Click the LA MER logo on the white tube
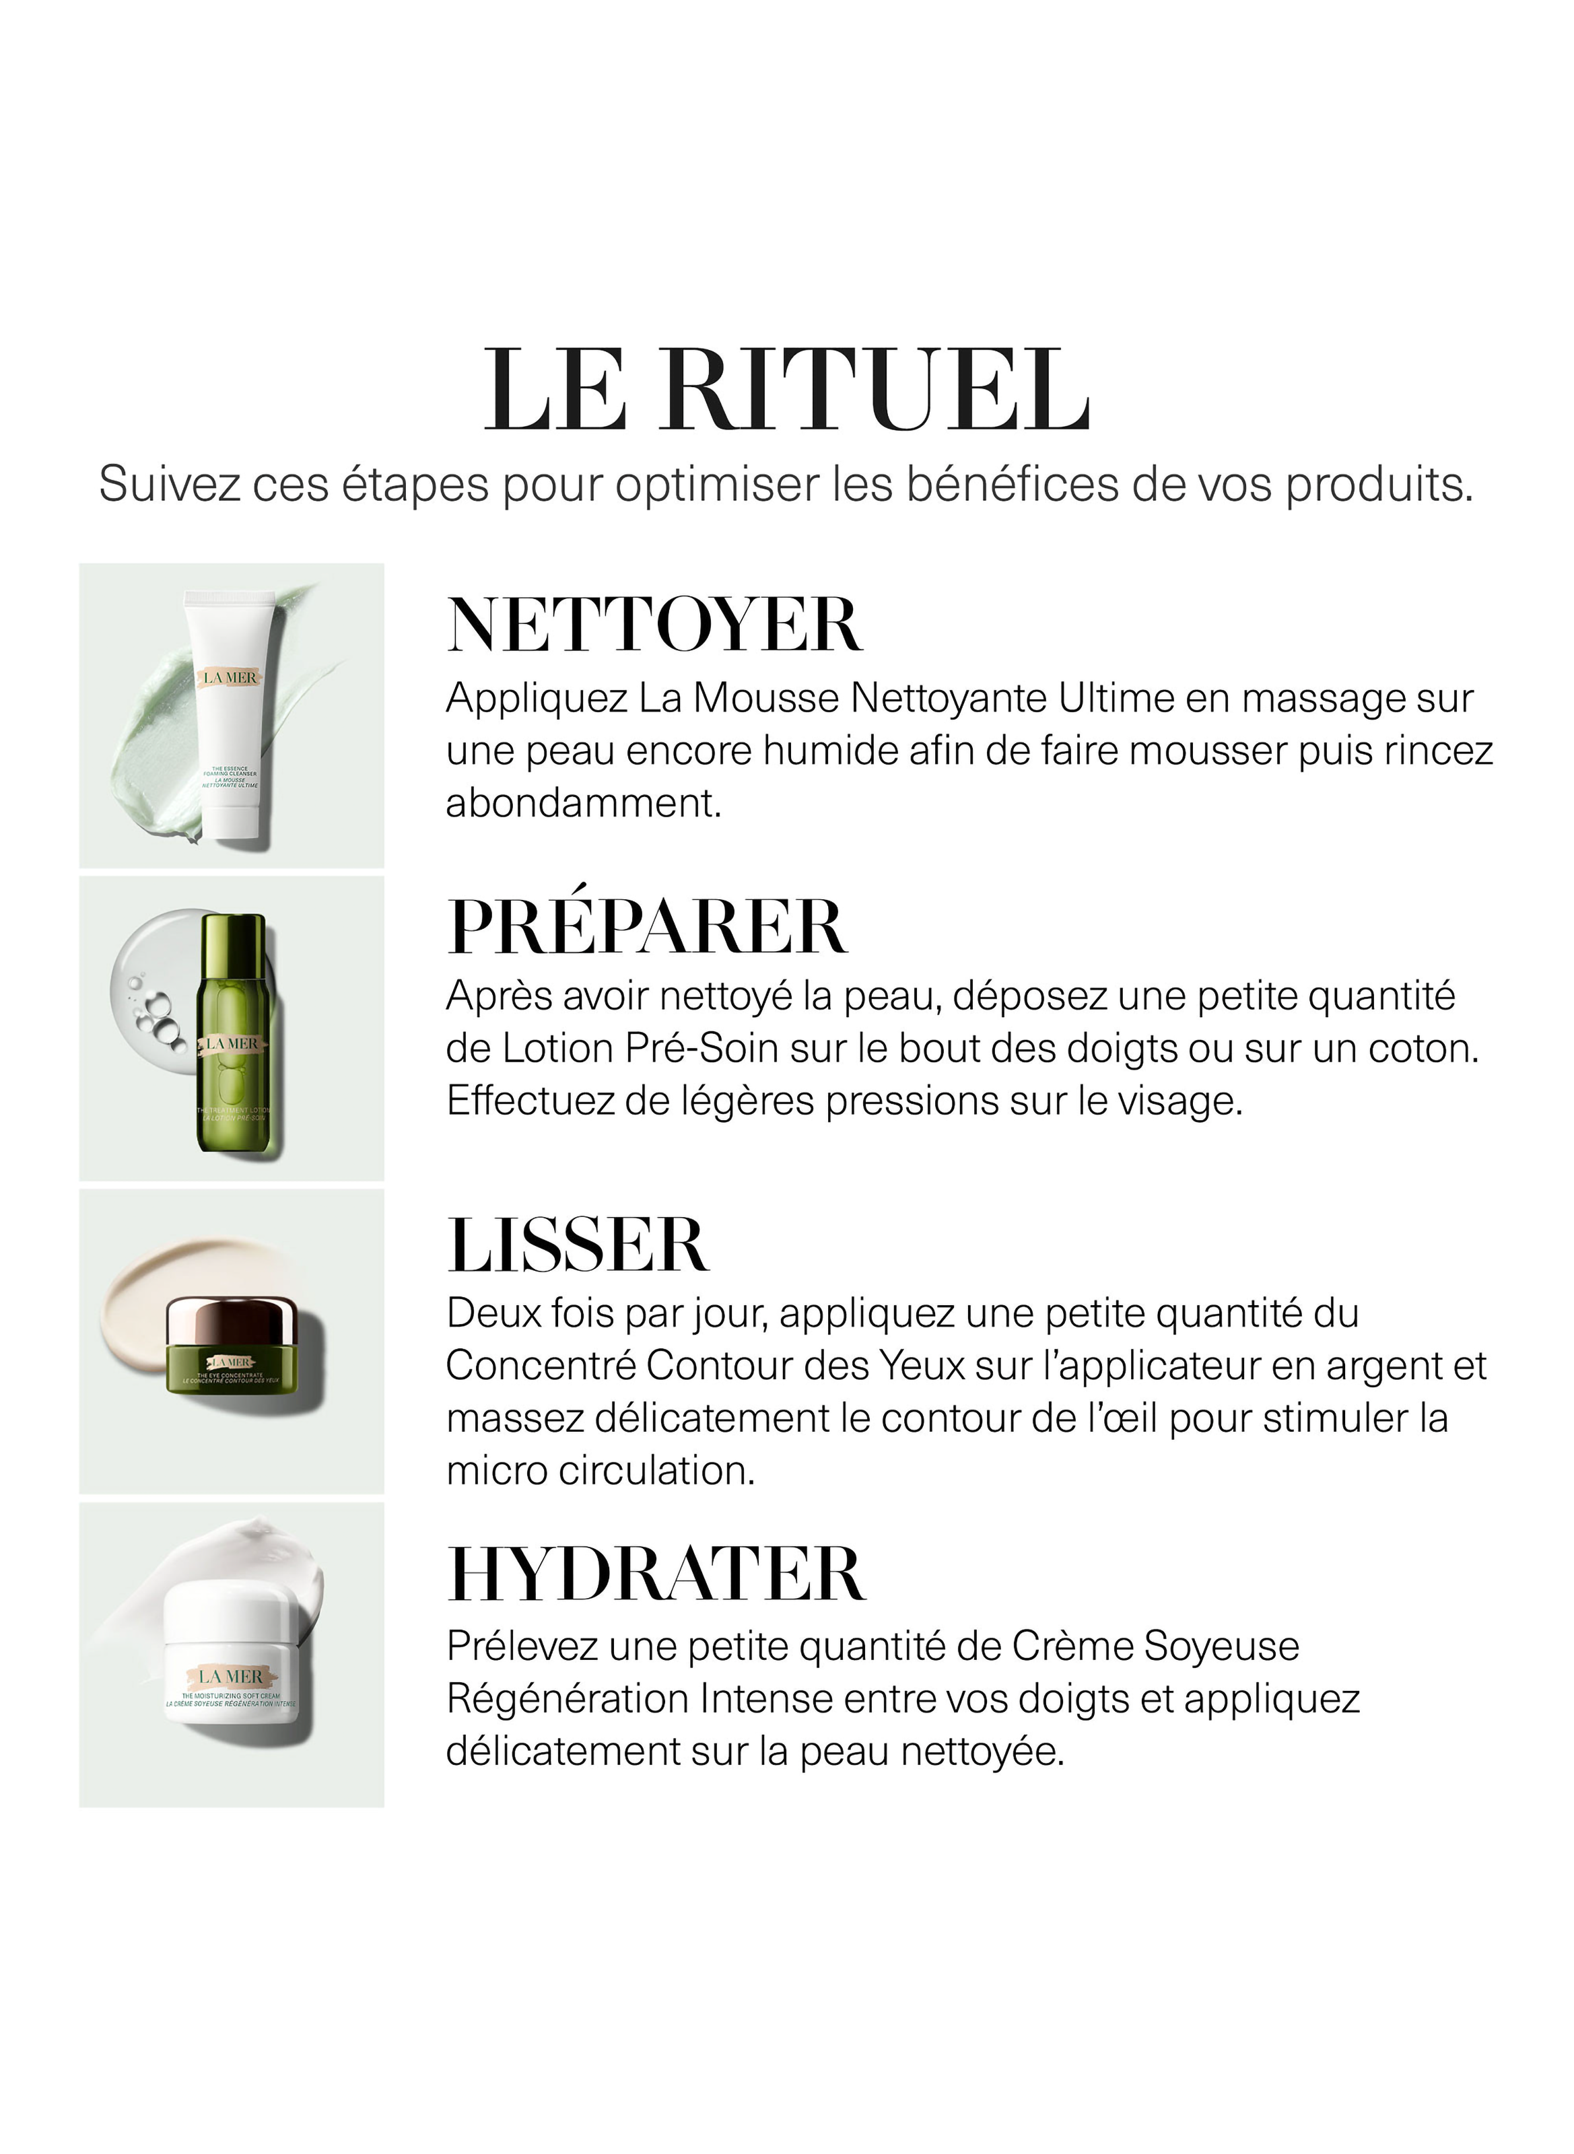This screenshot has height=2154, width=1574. (230, 677)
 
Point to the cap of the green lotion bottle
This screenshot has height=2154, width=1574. (232, 936)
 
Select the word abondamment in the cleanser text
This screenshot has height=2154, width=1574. (583, 803)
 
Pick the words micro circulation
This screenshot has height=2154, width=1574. (601, 1470)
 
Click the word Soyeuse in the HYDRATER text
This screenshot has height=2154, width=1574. (1221, 1646)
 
